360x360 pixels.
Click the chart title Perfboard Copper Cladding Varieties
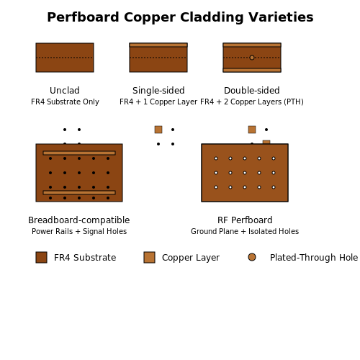[180, 17]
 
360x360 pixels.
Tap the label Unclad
[65, 91]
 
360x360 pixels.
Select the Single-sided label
[158, 91]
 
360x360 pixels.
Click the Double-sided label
[252, 91]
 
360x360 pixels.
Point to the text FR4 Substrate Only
[65, 102]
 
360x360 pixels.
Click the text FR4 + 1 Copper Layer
[158, 102]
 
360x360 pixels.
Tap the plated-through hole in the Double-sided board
[252, 58]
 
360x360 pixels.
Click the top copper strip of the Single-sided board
[158, 45]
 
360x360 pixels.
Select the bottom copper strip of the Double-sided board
[252, 70]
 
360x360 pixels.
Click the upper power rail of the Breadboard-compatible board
[79, 153]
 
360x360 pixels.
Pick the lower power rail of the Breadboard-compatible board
[79, 192]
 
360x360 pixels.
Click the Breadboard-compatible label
[79, 220]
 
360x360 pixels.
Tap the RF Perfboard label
[245, 220]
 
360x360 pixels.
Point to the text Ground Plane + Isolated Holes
[245, 231]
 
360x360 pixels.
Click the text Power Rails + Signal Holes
[79, 231]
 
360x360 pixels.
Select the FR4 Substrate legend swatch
[41, 257]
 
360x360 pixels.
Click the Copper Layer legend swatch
[149, 257]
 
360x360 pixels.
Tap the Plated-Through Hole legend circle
[252, 257]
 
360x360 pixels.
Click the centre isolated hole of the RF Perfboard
[245, 173]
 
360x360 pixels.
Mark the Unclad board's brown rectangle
[65, 58]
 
